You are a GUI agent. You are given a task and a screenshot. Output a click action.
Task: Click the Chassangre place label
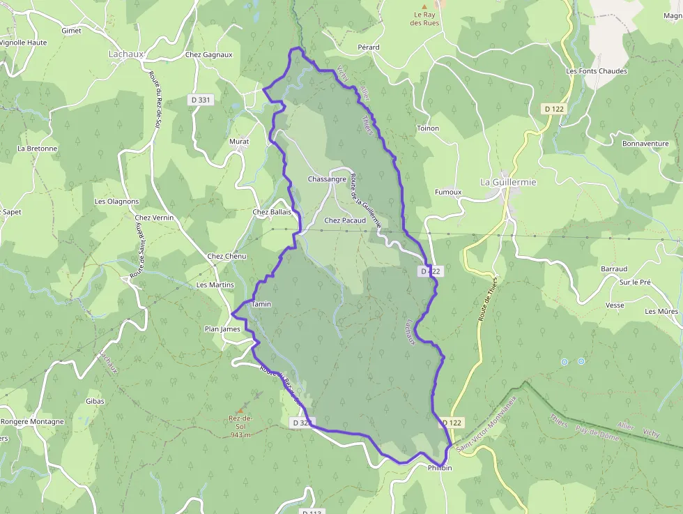327,179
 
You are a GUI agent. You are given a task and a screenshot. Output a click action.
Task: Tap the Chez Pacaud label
345,220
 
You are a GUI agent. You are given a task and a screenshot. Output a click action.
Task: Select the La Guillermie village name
508,182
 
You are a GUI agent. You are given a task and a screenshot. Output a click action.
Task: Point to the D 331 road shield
200,100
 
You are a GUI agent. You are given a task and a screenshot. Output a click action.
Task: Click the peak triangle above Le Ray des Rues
424,6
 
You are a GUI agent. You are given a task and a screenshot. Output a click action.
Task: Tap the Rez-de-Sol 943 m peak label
240,425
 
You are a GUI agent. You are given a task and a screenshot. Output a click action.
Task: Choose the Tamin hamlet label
261,304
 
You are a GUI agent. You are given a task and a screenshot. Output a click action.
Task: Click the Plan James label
222,329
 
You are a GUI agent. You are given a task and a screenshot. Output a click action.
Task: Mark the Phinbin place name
440,467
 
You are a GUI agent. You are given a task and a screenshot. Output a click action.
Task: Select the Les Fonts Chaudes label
597,71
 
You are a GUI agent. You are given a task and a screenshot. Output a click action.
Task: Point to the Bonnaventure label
645,144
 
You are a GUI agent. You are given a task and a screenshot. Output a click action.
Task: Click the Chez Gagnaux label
208,54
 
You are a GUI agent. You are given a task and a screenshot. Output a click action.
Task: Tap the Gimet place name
71,31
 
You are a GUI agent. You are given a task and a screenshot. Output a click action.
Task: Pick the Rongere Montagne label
32,421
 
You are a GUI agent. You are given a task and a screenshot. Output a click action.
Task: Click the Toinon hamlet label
427,128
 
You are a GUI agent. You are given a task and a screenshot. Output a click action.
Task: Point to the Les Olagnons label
116,202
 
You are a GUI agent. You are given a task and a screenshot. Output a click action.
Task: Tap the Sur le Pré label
635,282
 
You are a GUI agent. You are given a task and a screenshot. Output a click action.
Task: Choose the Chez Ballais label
272,212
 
